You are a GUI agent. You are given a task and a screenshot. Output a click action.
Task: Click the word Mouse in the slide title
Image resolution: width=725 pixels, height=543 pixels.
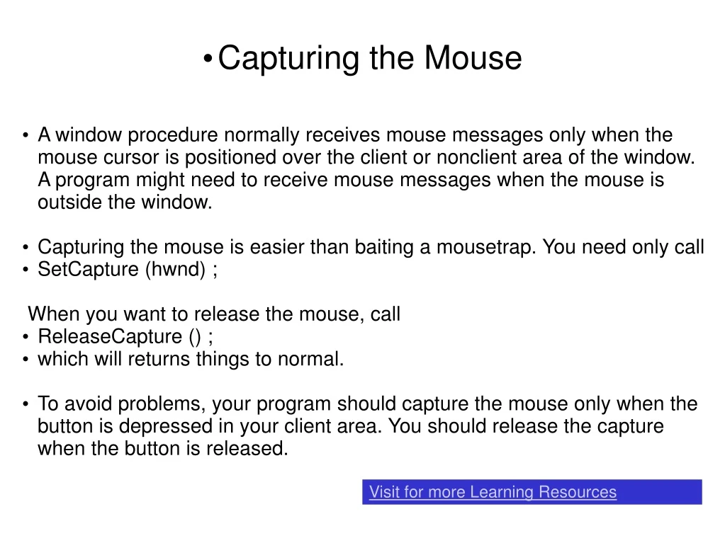point(473,58)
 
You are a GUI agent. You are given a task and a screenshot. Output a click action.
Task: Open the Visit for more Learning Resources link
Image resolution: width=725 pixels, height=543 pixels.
point(493,492)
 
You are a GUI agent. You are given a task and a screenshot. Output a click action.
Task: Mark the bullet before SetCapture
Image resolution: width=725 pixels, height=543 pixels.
point(26,270)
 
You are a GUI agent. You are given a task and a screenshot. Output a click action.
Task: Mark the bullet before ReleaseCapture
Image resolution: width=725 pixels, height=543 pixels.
point(26,337)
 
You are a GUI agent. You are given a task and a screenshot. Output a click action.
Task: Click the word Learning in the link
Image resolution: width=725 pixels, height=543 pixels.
point(502,492)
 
